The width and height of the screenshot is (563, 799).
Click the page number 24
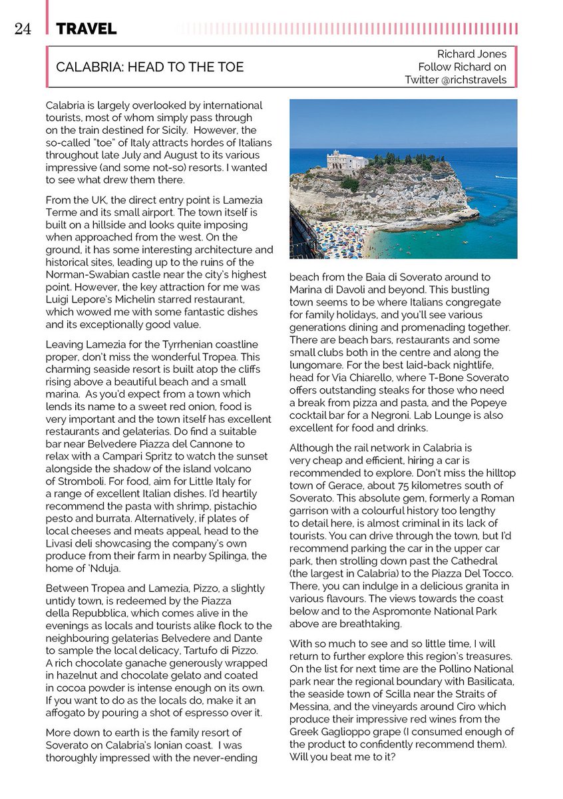(22, 29)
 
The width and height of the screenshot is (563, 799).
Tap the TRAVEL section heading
(87, 29)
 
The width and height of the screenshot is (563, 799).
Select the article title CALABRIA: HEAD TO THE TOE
(150, 67)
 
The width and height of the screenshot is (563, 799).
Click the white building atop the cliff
(346, 160)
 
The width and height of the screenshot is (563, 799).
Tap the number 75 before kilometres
(394, 485)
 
